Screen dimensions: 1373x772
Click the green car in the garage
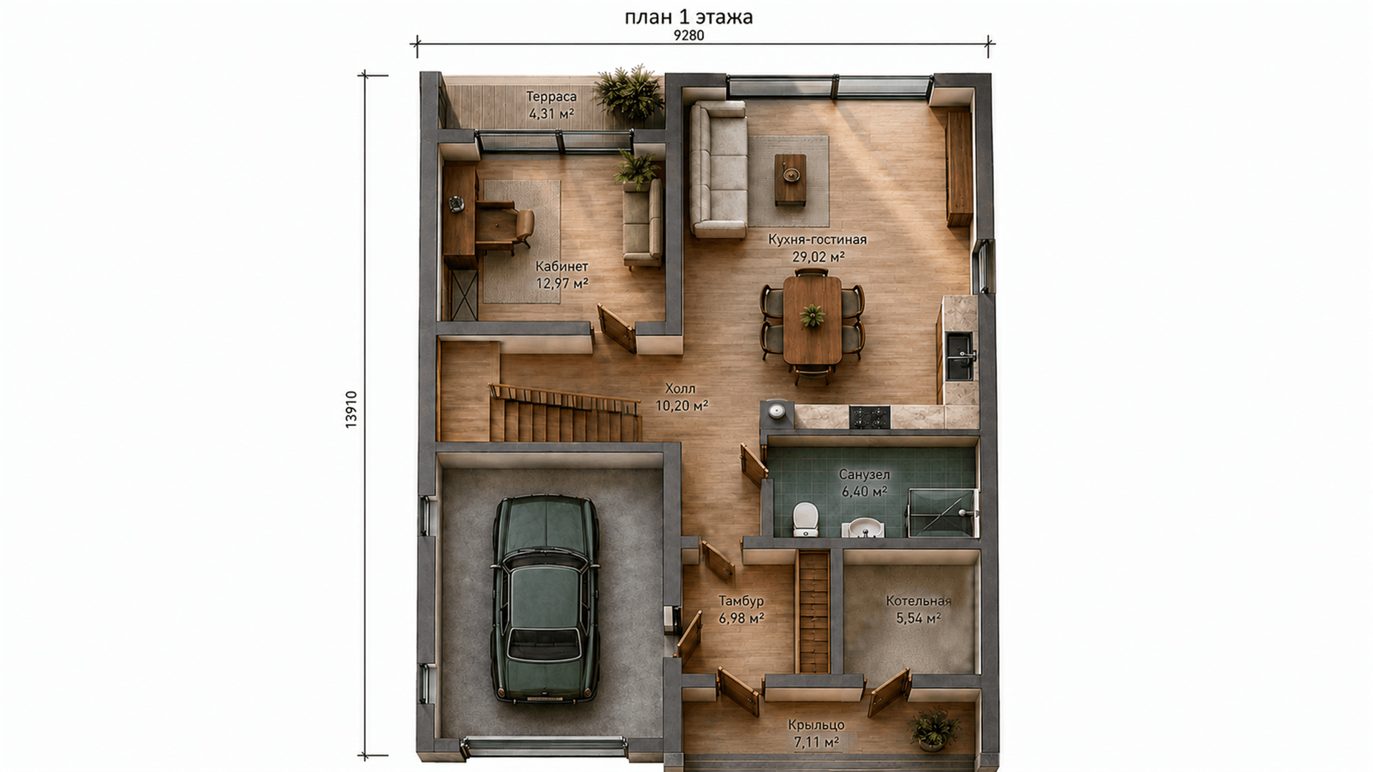[545, 599]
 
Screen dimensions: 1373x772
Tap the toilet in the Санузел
[806, 519]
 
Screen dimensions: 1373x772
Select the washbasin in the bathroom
[866, 528]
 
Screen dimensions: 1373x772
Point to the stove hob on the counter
[870, 417]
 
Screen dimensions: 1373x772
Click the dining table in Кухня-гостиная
[812, 320]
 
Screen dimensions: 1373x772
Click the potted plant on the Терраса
[629, 92]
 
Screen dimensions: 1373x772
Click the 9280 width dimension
[689, 36]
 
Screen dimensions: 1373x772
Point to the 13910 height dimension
[350, 410]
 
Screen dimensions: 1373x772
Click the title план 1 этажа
[689, 16]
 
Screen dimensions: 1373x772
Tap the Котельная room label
[918, 601]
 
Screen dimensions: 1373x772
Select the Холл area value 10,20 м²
[681, 405]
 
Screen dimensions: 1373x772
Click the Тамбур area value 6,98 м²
[742, 618]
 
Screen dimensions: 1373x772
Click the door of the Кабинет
[616, 329]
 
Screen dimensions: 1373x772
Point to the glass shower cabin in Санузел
[941, 513]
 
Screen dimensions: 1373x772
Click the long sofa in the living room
[718, 169]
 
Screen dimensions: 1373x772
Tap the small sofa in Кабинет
[642, 223]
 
